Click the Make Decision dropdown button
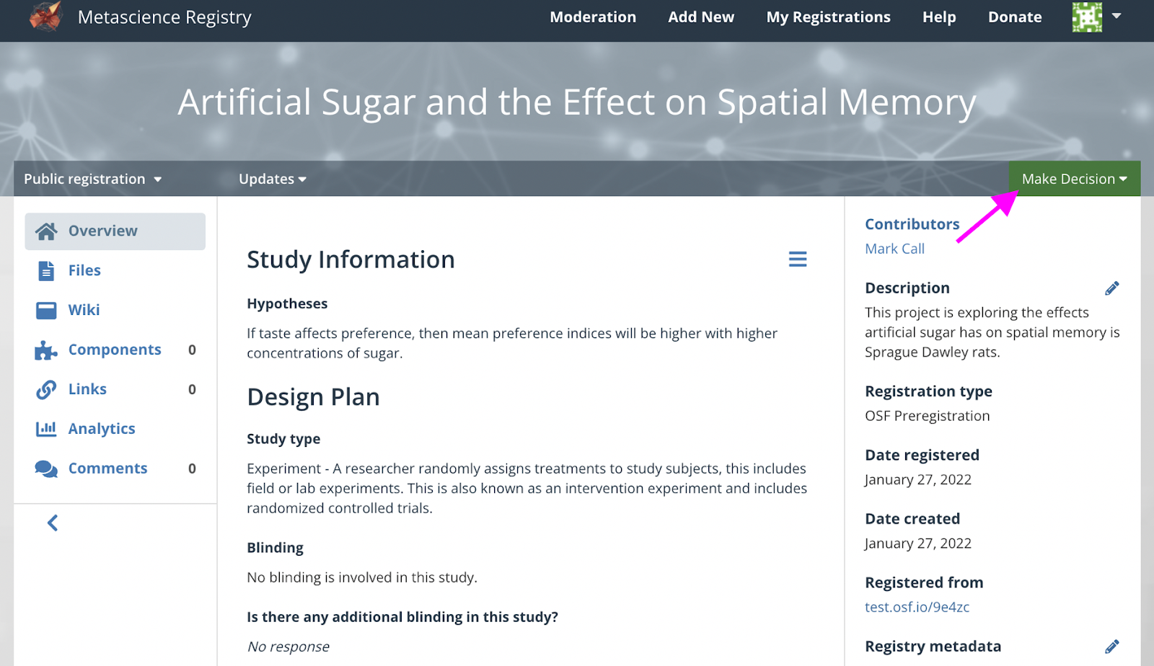click(1074, 179)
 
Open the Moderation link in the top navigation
click(592, 17)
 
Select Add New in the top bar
click(700, 17)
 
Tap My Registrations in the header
click(828, 17)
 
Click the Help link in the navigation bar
click(938, 17)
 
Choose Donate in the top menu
click(1014, 17)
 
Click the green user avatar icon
click(1087, 17)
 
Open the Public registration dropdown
click(93, 179)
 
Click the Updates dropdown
click(273, 179)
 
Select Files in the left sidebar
click(84, 270)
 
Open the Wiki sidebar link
click(84, 310)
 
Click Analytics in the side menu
click(102, 428)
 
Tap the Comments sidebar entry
click(107, 468)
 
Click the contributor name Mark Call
click(894, 249)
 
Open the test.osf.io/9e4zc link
click(917, 607)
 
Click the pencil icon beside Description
click(1111, 288)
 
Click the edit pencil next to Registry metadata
click(1111, 647)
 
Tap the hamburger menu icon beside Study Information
click(798, 259)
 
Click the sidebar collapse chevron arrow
click(53, 523)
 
